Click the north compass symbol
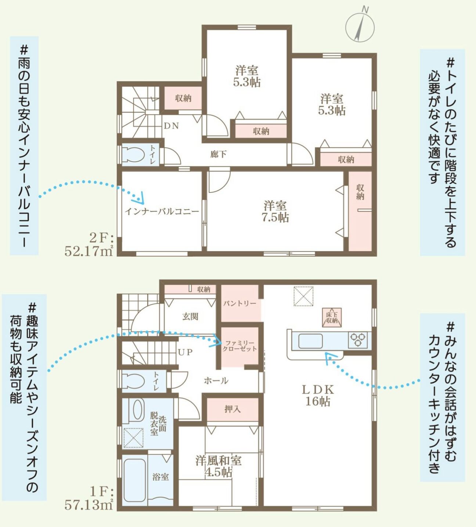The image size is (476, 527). [x=360, y=26]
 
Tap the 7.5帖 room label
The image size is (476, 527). [x=275, y=212]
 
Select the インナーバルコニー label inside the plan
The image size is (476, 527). [x=162, y=212]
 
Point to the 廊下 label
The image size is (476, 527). [x=219, y=154]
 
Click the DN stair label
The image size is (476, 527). [x=172, y=126]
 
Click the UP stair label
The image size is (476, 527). [x=185, y=352]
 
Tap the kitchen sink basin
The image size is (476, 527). [x=310, y=341]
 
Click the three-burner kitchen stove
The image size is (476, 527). [x=358, y=340]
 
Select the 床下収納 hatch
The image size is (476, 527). [x=332, y=317]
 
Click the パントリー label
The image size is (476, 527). [x=240, y=304]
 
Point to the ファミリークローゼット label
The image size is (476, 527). [x=240, y=346]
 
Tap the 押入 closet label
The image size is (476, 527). [x=232, y=409]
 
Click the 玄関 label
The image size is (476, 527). [x=190, y=317]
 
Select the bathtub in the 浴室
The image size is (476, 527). [x=134, y=481]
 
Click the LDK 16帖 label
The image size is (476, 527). [x=318, y=396]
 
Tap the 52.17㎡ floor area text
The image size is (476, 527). [x=89, y=251]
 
